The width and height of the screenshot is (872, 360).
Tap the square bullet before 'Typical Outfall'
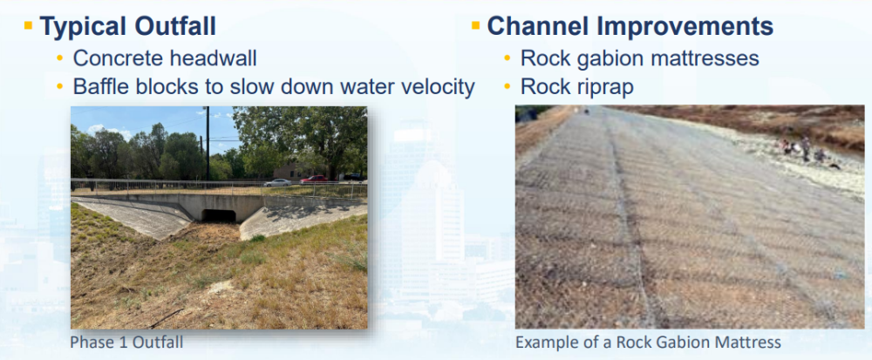point(29,25)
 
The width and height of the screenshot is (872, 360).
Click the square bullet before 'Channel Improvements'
point(475,25)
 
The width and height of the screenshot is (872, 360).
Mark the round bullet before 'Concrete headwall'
point(60,58)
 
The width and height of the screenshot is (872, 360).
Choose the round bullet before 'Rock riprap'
point(508,87)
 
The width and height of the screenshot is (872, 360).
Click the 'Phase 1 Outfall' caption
point(126,343)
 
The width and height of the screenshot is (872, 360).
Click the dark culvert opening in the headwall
point(219,215)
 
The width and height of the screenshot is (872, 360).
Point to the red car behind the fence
point(314,179)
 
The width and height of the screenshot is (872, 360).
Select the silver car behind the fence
point(277,182)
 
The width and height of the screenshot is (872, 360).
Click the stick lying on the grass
point(165,318)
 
